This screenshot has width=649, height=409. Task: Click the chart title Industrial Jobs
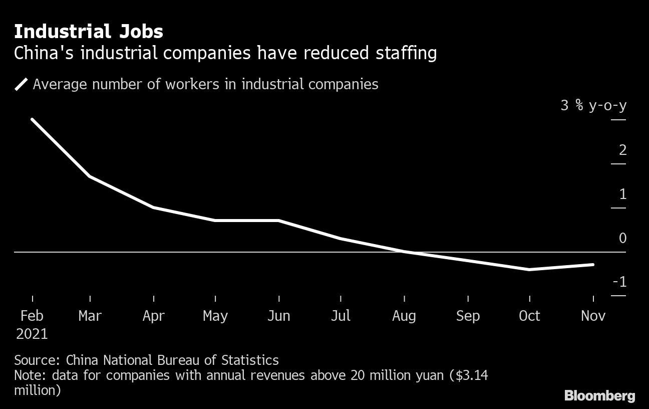pos(88,32)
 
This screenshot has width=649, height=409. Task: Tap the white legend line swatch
pos(22,84)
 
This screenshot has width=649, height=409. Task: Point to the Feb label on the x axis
pos(32,316)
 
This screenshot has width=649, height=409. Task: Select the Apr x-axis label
pos(153,316)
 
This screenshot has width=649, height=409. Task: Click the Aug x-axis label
pos(404,316)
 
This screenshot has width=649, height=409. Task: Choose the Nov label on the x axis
pos(593,316)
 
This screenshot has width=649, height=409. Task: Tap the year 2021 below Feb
pos(32,334)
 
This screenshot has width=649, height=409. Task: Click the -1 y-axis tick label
pos(619,282)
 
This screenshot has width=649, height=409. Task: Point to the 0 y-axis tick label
pos(622,238)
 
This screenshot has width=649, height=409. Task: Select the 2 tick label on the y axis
pos(622,150)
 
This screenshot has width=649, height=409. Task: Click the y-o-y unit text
pos(607,106)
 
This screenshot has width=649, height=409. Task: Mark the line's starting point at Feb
pos(32,120)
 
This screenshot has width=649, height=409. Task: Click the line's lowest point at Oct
pos(529,270)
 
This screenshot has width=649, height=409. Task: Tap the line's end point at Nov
pos(593,265)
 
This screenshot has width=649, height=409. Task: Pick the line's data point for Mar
pos(90,176)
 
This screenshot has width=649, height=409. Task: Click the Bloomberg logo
pos(599,396)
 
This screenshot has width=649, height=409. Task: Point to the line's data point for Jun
pos(278,221)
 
